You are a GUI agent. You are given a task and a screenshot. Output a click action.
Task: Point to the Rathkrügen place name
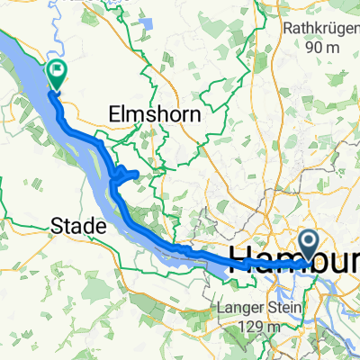tap(321, 28)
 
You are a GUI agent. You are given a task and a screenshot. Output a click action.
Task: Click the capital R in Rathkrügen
tap(288, 28)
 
